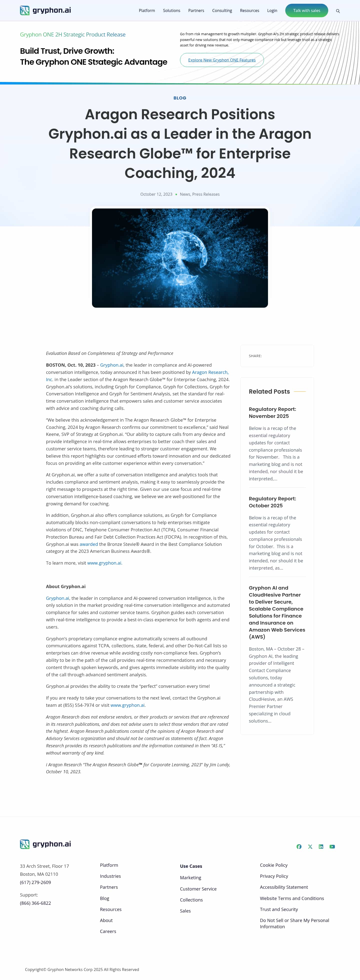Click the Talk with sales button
point(306,11)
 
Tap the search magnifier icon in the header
point(337,11)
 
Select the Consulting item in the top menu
point(222,11)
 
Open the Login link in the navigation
point(272,11)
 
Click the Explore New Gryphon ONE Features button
point(221,60)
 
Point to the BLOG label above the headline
point(179,98)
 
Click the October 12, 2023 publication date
point(156,194)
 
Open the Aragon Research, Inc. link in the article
point(210,372)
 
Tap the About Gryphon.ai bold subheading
point(65,587)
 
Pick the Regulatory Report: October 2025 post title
point(272,502)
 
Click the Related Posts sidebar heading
point(269,391)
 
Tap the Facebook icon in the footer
point(299,847)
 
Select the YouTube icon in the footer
point(332,847)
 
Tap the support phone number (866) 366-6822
point(35,903)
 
